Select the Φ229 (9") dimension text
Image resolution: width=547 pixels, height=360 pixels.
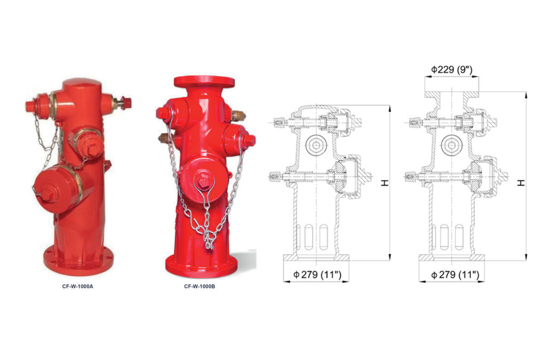pyautogui.click(x=451, y=69)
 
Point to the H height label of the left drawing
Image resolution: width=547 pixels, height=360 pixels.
pyautogui.click(x=384, y=183)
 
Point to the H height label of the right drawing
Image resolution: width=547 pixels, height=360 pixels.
pyautogui.click(x=521, y=183)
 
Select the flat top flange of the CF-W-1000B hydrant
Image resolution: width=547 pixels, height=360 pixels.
pyautogui.click(x=204, y=82)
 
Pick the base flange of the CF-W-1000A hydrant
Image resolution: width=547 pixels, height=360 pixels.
pyautogui.click(x=79, y=262)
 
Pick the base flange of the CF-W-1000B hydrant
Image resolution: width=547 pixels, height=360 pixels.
pyautogui.click(x=202, y=264)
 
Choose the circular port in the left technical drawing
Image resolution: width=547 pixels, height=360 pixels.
pyautogui.click(x=316, y=145)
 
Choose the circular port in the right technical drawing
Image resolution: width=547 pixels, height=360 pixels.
pyautogui.click(x=452, y=145)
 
